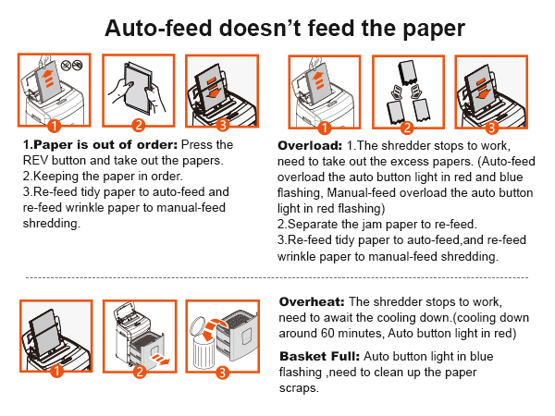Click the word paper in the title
click(417, 27)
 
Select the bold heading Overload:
click(309, 146)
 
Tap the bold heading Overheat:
click(310, 302)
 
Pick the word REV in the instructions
click(36, 159)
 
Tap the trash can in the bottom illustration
click(209, 347)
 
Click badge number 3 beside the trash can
click(222, 373)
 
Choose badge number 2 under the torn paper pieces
click(406, 126)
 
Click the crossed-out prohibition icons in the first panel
click(73, 66)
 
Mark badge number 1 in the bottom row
click(55, 373)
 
